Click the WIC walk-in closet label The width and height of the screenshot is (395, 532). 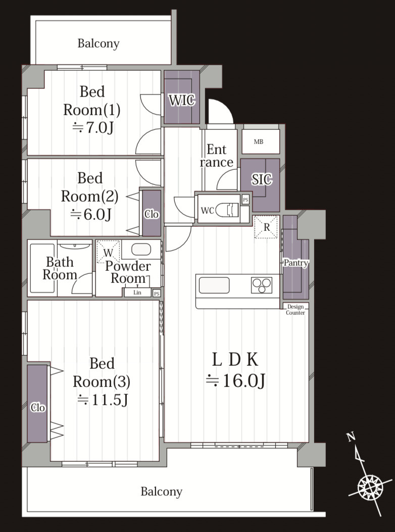(x=182, y=100)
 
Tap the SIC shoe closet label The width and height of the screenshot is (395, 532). (x=262, y=179)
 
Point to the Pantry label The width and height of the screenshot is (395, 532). (x=296, y=263)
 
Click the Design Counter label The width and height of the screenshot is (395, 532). (x=295, y=310)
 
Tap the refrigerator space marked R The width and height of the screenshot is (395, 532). (x=266, y=227)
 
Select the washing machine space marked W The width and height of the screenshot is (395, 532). (x=108, y=252)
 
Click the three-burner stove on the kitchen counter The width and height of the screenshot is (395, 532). (x=261, y=285)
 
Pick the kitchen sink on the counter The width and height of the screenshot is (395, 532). (x=214, y=285)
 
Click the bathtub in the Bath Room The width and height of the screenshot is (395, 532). (x=42, y=268)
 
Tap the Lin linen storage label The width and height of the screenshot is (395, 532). (x=137, y=293)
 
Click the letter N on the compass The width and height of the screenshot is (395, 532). (x=351, y=437)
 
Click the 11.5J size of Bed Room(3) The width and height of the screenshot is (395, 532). (x=103, y=400)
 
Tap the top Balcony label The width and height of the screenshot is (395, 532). (x=98, y=43)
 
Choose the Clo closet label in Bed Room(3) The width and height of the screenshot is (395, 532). (x=37, y=407)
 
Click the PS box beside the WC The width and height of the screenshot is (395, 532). (x=245, y=200)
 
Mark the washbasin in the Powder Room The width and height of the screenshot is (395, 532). (x=141, y=250)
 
